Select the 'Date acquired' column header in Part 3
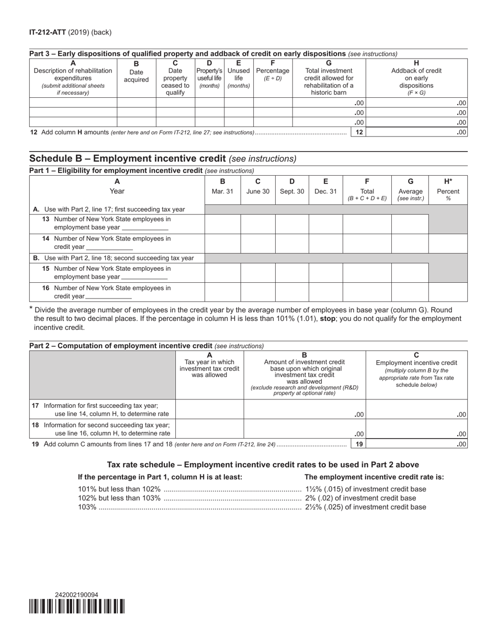[136, 75]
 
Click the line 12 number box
[359, 132]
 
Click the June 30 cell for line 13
[258, 223]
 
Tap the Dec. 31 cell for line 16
[325, 292]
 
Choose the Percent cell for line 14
[448, 243]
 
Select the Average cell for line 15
[410, 272]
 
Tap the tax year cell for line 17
[209, 409]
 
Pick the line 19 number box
[359, 444]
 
